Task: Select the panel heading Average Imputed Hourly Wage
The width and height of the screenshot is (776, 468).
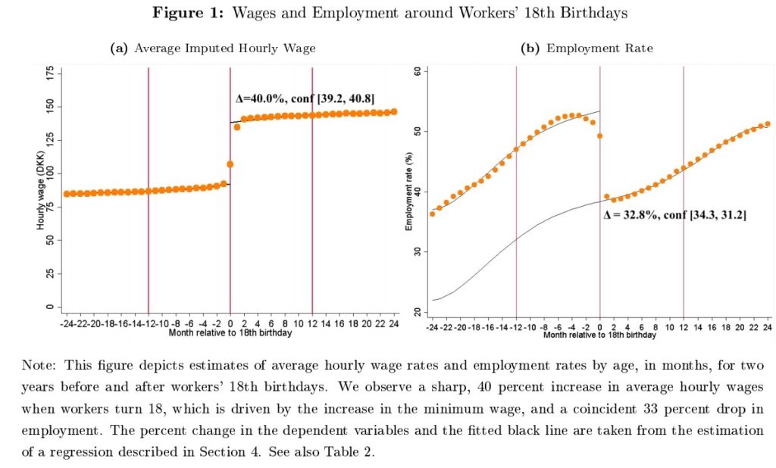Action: pyautogui.click(x=224, y=48)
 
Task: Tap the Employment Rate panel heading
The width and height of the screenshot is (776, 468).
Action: pyautogui.click(x=599, y=48)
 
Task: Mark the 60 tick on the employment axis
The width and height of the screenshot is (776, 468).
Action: pyautogui.click(x=418, y=71)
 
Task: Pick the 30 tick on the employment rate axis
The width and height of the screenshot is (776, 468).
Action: pyautogui.click(x=418, y=251)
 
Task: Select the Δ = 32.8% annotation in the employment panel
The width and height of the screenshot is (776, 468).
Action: pyautogui.click(x=674, y=215)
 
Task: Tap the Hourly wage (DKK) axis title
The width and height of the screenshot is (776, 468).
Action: pyautogui.click(x=40, y=189)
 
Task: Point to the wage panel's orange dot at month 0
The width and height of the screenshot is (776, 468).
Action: pyautogui.click(x=230, y=164)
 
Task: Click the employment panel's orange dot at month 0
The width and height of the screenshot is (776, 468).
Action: pyautogui.click(x=600, y=136)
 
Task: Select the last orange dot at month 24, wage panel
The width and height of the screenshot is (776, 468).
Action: pyautogui.click(x=394, y=111)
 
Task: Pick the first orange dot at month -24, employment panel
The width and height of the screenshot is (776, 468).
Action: pyautogui.click(x=433, y=214)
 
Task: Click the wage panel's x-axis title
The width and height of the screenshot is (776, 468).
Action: pyautogui.click(x=230, y=332)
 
